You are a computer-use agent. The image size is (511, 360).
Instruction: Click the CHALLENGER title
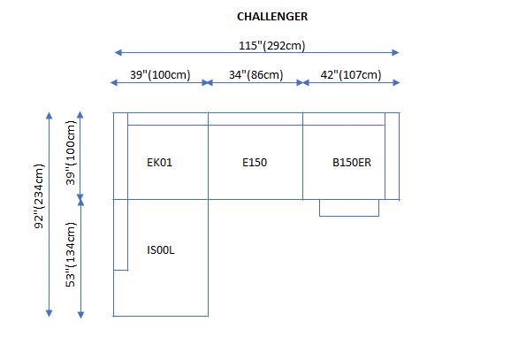[x=272, y=17]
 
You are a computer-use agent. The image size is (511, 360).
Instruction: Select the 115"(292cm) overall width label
[x=271, y=45]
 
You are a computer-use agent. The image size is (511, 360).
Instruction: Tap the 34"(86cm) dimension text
[x=255, y=74]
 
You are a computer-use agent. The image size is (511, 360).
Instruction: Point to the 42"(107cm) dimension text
[x=351, y=74]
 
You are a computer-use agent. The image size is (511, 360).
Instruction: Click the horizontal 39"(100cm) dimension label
[x=160, y=74]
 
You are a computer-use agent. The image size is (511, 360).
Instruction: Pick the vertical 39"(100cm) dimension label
[x=71, y=153]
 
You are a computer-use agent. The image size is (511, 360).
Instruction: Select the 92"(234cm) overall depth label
[x=39, y=196]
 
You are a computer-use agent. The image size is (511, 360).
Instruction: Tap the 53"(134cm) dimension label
[x=71, y=255]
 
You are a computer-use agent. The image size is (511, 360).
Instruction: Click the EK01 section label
[x=159, y=163]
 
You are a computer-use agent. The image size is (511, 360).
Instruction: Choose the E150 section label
[x=255, y=163]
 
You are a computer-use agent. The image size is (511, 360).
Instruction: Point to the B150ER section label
[x=352, y=163]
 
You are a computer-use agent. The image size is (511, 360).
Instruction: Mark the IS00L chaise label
[x=161, y=250]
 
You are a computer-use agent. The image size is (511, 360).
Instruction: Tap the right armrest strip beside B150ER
[x=392, y=156]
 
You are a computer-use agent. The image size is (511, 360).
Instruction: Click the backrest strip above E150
[x=255, y=119]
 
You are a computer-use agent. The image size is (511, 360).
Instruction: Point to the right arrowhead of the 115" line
[x=395, y=52]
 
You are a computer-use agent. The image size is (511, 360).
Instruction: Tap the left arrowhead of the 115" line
[x=118, y=52]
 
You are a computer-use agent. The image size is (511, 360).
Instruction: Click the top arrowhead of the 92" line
[x=49, y=116]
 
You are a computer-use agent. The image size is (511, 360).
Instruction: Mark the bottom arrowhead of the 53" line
[x=80, y=315]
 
